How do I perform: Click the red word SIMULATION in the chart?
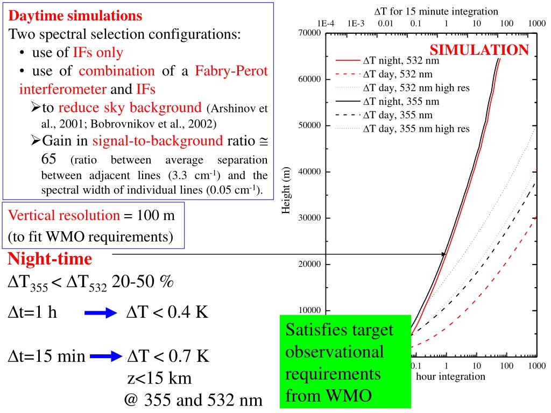point(479,51)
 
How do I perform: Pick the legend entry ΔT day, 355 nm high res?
point(416,129)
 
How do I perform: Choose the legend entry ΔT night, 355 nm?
point(401,101)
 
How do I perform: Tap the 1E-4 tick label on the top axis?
point(326,23)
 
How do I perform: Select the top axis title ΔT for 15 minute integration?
point(436,11)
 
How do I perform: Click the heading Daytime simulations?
point(76,16)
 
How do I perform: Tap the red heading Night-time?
point(50,259)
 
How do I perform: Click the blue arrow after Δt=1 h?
point(101,314)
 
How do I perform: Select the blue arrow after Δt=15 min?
point(107,355)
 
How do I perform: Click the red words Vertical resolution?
point(64,215)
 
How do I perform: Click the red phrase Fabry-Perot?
point(231,71)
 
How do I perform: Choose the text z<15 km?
point(159,378)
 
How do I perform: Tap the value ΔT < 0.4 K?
point(167,312)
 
